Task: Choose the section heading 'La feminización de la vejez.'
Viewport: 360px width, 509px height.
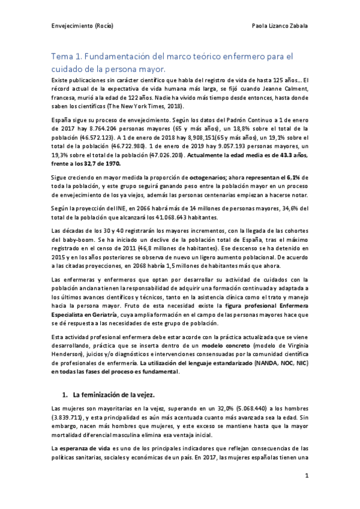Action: (x=112, y=378)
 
